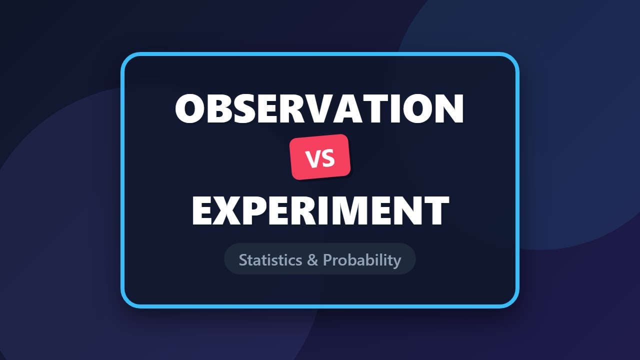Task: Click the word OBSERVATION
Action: click(x=319, y=109)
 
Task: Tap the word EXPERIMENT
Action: click(x=320, y=210)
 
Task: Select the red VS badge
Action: click(x=320, y=157)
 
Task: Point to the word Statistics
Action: click(x=270, y=260)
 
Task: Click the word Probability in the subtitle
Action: click(x=362, y=260)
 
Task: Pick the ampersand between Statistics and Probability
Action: click(x=312, y=260)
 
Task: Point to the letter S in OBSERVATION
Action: click(x=240, y=109)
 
